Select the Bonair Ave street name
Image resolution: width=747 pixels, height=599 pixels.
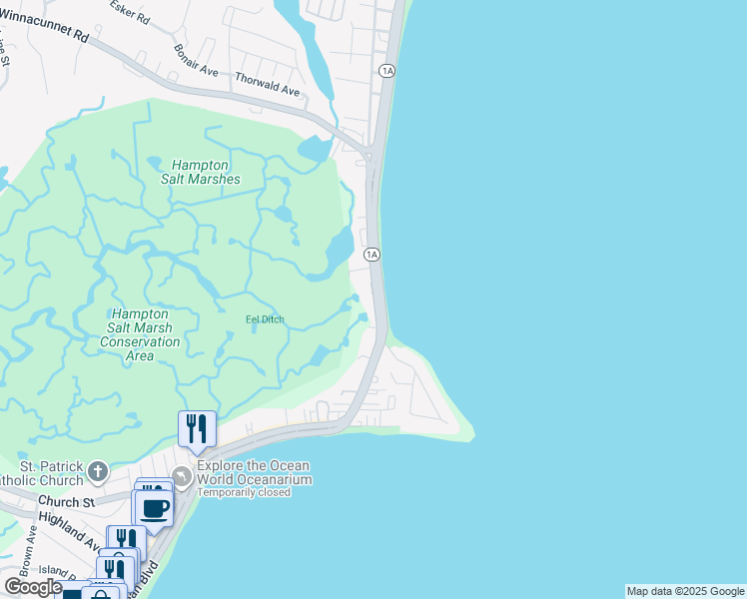click(x=195, y=60)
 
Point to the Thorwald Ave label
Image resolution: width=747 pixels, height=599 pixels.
click(x=267, y=84)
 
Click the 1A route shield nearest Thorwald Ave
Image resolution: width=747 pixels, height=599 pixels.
click(x=387, y=70)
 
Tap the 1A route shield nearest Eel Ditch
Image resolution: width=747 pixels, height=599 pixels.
click(x=372, y=255)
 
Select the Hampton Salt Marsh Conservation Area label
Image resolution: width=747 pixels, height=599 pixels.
click(x=140, y=334)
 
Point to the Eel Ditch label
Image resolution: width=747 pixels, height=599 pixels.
click(x=265, y=319)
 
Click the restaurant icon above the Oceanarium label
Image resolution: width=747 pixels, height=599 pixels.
click(x=198, y=429)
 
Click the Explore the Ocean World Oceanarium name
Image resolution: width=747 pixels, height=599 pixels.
click(x=254, y=472)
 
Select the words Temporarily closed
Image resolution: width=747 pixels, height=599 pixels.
click(x=244, y=492)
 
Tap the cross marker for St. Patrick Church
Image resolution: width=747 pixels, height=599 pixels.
click(x=97, y=469)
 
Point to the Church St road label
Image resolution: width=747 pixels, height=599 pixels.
click(x=66, y=501)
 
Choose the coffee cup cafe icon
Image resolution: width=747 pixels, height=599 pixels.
click(x=154, y=508)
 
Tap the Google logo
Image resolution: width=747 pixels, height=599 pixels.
click(x=33, y=587)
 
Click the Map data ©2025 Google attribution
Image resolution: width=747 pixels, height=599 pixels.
click(x=685, y=591)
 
